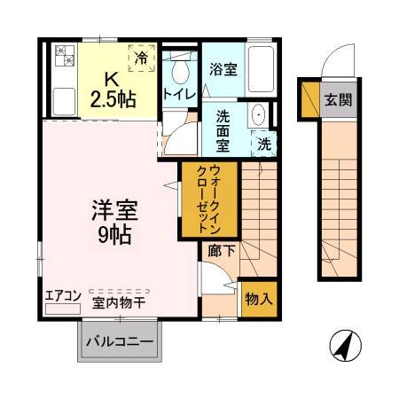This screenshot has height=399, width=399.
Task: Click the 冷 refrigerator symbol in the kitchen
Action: click(x=142, y=58)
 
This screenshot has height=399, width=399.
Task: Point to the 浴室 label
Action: click(x=223, y=68)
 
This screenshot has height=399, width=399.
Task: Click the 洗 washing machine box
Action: click(x=264, y=142)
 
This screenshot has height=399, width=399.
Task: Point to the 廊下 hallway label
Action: click(x=221, y=251)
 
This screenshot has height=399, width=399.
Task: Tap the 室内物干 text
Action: click(x=120, y=302)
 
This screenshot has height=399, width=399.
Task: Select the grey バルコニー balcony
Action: click(x=120, y=341)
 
